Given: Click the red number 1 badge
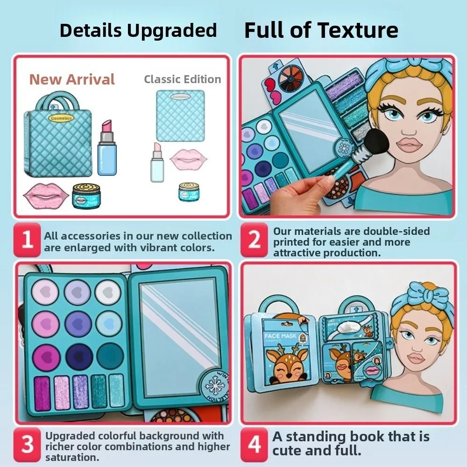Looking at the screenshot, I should click(28, 240).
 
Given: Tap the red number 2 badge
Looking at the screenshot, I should click(255, 240).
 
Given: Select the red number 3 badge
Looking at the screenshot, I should click(28, 445).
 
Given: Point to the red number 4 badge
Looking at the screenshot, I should click(255, 445).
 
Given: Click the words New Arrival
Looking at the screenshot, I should click(72, 79).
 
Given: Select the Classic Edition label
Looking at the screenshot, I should click(182, 79).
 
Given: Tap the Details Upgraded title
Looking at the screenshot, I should click(138, 31).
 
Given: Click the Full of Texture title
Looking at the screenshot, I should click(321, 31).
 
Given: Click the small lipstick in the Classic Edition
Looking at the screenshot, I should click(156, 162).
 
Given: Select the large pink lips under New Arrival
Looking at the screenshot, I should click(45, 196).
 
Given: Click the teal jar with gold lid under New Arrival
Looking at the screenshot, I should click(86, 195).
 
